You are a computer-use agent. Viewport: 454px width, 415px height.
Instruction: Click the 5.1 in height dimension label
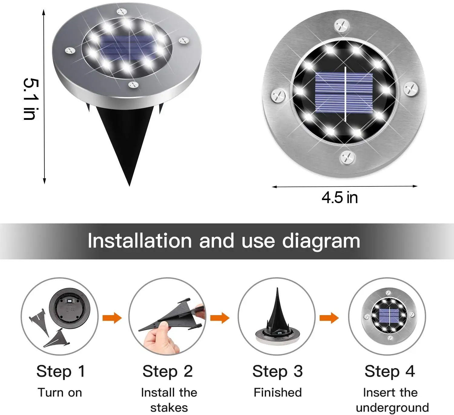[31, 99]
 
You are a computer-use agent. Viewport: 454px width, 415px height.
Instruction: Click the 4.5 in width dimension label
[340, 198]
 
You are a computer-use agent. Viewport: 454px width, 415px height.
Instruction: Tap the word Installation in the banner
[140, 241]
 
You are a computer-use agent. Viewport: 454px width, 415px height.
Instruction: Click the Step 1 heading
[61, 371]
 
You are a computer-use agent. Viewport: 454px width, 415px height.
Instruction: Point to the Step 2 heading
[167, 371]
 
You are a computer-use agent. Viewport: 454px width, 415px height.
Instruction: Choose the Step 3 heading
[277, 371]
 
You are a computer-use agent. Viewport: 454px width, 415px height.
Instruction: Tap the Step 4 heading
[390, 371]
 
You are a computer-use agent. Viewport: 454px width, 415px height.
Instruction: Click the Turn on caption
[60, 393]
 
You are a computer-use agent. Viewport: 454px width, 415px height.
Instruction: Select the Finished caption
[278, 393]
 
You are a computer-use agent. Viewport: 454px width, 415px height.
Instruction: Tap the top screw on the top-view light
[342, 26]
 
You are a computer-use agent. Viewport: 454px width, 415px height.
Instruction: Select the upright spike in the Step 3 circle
[277, 312]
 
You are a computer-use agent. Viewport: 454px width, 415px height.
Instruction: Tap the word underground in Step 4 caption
[392, 408]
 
